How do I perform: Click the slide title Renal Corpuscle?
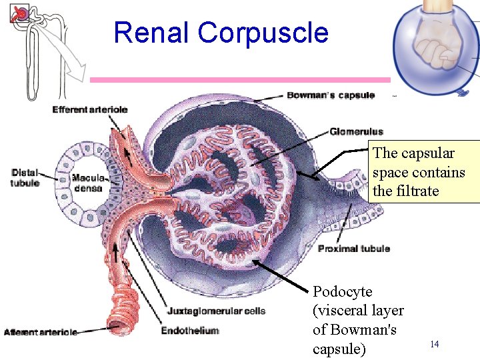(x=221, y=33)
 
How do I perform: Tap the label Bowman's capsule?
(x=331, y=95)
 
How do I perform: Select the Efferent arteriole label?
(x=90, y=109)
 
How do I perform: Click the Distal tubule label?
(x=25, y=178)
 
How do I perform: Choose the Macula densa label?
(x=87, y=183)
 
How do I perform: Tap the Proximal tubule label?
(x=354, y=249)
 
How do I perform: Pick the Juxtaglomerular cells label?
(x=216, y=311)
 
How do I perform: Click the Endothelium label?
(x=190, y=330)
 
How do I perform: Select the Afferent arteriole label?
(x=41, y=332)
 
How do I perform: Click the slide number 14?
(x=435, y=344)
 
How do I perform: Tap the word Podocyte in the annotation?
(x=343, y=292)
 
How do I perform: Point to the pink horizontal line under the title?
(x=240, y=80)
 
